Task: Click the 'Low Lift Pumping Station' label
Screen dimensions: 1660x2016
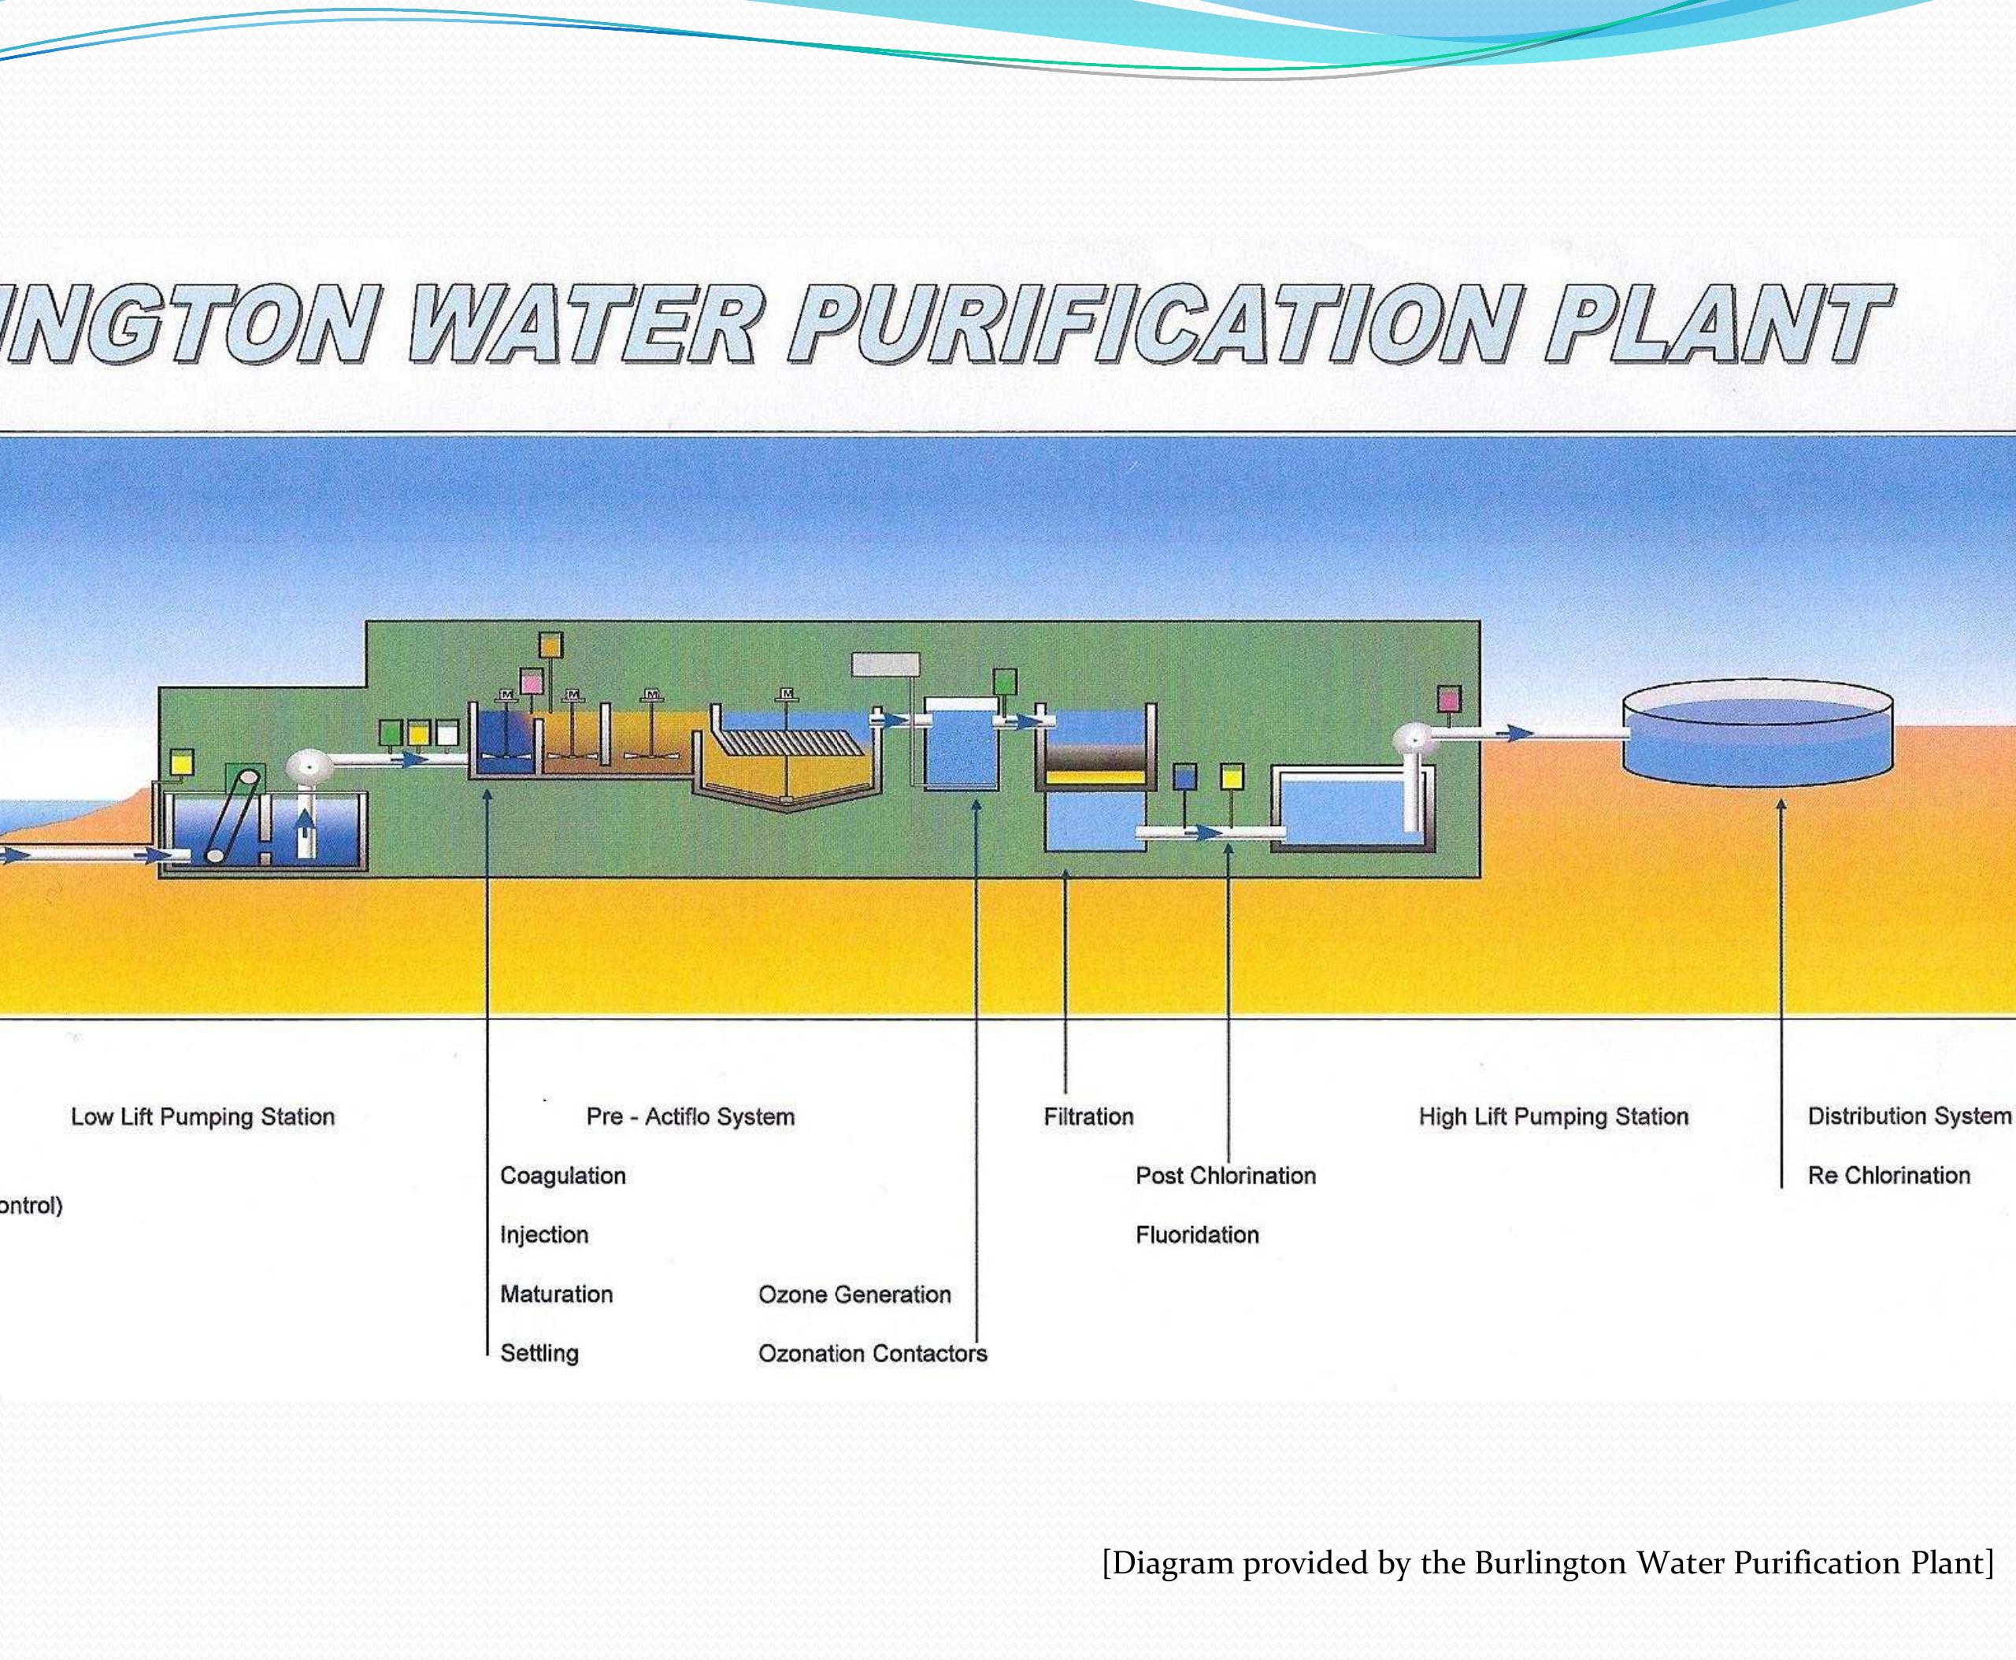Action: click(x=202, y=1116)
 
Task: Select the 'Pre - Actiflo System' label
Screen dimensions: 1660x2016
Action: click(x=691, y=1116)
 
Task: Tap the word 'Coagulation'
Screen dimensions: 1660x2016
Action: click(x=562, y=1175)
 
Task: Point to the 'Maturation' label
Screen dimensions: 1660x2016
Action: click(x=556, y=1294)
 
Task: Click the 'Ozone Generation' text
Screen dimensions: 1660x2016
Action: click(x=854, y=1294)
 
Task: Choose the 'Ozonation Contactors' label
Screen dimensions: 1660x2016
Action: click(x=873, y=1353)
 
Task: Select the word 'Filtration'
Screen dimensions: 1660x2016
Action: click(x=1088, y=1116)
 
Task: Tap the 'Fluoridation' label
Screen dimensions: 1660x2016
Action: click(x=1196, y=1235)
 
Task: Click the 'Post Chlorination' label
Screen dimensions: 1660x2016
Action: click(x=1225, y=1175)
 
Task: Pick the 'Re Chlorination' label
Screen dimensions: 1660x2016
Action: click(x=1888, y=1175)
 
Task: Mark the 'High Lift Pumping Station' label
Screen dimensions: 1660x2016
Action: click(x=1553, y=1116)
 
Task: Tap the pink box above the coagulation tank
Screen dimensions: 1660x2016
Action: click(x=532, y=681)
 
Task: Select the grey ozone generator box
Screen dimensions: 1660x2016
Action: click(x=886, y=665)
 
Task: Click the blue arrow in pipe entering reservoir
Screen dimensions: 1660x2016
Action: click(x=1521, y=733)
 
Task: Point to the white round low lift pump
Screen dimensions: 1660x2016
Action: click(x=309, y=767)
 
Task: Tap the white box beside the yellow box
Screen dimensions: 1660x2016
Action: click(x=447, y=733)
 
